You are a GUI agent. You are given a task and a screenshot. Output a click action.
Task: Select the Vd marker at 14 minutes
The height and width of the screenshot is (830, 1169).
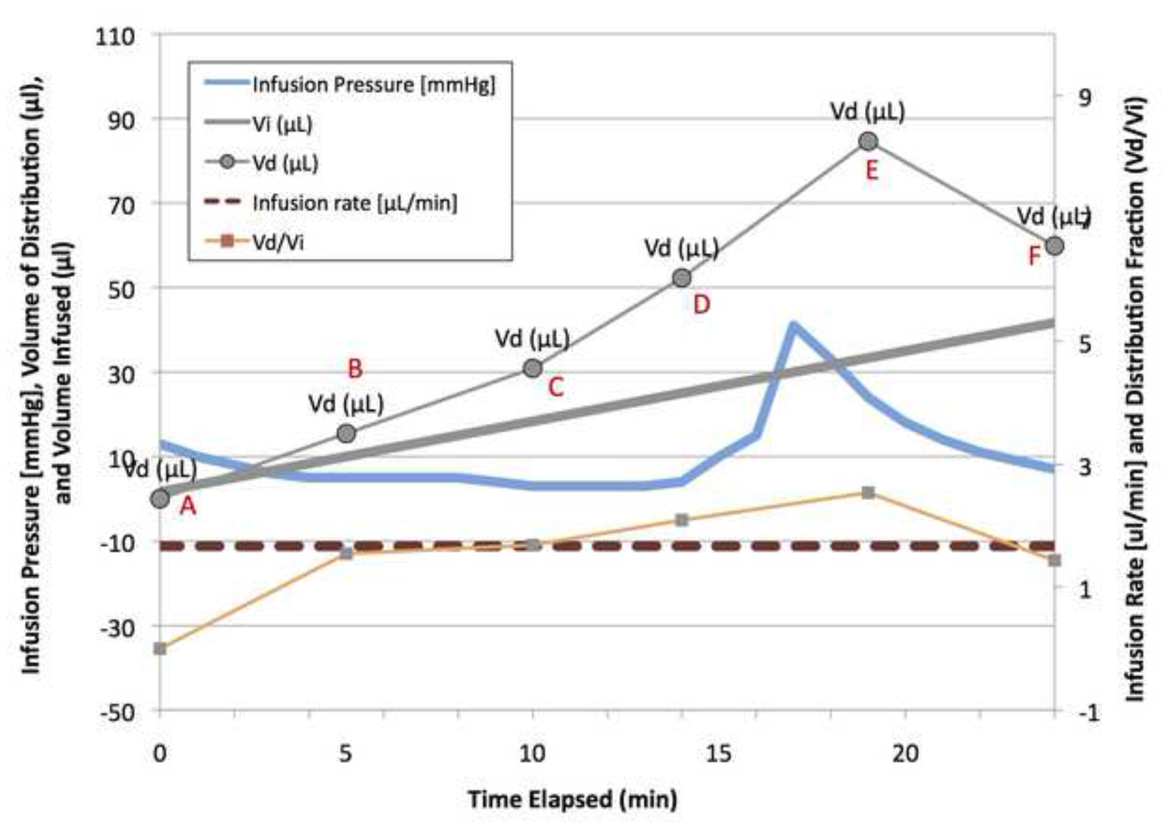(682, 278)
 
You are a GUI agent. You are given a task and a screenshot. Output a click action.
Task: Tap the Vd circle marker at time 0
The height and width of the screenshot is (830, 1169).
(160, 498)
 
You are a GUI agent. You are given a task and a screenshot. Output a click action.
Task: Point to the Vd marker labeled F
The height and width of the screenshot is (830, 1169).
(1054, 246)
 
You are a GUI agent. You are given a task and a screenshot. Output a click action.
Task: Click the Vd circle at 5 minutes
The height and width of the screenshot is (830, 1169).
(346, 433)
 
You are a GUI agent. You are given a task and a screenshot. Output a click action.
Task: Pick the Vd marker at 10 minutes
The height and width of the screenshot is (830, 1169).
(533, 368)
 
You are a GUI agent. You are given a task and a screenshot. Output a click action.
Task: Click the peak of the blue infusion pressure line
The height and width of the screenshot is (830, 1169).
(793, 325)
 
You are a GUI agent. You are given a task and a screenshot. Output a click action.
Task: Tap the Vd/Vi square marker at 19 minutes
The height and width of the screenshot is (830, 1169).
(868, 493)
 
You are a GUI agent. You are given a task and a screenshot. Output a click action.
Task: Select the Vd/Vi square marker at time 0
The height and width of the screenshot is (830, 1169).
(160, 649)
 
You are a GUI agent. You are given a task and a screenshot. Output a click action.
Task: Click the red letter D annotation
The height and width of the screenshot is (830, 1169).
(701, 305)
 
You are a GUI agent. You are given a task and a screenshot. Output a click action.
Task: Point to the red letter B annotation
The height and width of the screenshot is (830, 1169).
(355, 368)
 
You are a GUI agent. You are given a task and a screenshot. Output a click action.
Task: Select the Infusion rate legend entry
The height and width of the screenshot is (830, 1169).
(354, 204)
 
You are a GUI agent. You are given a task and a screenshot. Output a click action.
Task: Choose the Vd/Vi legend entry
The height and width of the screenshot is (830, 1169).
(278, 242)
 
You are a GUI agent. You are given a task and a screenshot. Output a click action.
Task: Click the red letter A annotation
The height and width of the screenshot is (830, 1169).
(188, 506)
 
